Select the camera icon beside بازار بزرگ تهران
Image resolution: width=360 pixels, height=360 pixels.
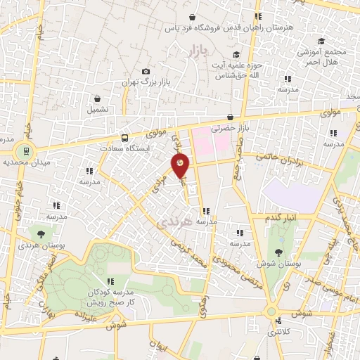(146, 71)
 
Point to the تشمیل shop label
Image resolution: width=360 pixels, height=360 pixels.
(98, 110)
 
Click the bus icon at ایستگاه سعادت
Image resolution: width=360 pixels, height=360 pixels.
(125, 139)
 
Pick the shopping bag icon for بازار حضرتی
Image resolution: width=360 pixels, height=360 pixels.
(231, 117)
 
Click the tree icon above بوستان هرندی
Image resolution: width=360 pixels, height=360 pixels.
(41, 233)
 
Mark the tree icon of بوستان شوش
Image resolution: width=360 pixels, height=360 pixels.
(280, 252)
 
